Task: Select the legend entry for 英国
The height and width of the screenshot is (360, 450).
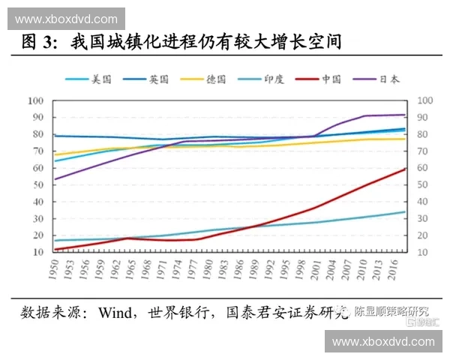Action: point(146,79)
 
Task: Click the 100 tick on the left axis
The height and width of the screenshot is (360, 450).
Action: point(36,100)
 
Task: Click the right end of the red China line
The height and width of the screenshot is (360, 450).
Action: point(405,169)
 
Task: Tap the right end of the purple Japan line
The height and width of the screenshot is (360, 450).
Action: point(405,115)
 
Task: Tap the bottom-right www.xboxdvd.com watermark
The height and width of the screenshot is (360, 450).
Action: point(383,341)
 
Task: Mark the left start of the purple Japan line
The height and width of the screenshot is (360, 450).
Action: point(55,178)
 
